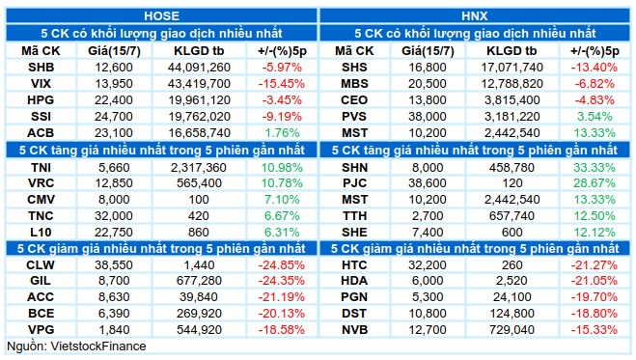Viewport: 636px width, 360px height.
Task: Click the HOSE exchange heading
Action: click(x=161, y=15)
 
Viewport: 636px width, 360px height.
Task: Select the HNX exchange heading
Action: click(x=475, y=15)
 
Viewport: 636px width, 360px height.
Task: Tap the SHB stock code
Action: click(x=41, y=68)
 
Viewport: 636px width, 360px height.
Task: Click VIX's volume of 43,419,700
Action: click(x=199, y=84)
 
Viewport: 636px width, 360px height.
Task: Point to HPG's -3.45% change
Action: click(x=282, y=100)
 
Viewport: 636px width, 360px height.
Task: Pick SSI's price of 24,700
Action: click(x=114, y=117)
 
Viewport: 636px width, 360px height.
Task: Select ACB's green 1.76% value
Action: click(x=282, y=133)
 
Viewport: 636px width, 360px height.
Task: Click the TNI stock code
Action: click(x=41, y=167)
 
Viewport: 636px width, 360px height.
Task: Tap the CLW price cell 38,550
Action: click(x=114, y=265)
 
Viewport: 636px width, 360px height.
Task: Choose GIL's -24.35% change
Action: click(x=282, y=281)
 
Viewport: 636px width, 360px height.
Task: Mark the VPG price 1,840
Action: click(x=114, y=329)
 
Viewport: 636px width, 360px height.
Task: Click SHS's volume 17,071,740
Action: click(x=512, y=68)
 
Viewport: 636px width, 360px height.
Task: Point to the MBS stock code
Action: click(x=354, y=84)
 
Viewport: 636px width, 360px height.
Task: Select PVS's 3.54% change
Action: click(x=595, y=117)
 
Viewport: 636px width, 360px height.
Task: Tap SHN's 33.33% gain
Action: click(x=595, y=167)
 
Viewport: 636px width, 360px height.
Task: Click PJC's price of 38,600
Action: click(x=428, y=183)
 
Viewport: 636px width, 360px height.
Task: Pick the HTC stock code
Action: click(x=354, y=265)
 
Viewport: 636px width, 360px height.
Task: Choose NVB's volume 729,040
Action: click(x=512, y=329)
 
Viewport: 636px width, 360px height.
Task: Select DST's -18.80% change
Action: click(x=595, y=314)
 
